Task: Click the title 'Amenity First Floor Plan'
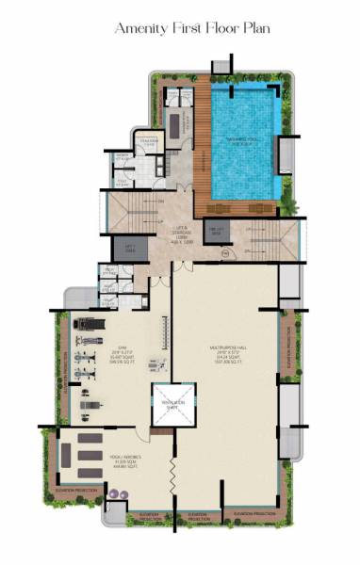pos(191,29)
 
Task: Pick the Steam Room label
pos(145,142)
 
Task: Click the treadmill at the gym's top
pos(87,324)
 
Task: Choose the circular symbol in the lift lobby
pos(224,254)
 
